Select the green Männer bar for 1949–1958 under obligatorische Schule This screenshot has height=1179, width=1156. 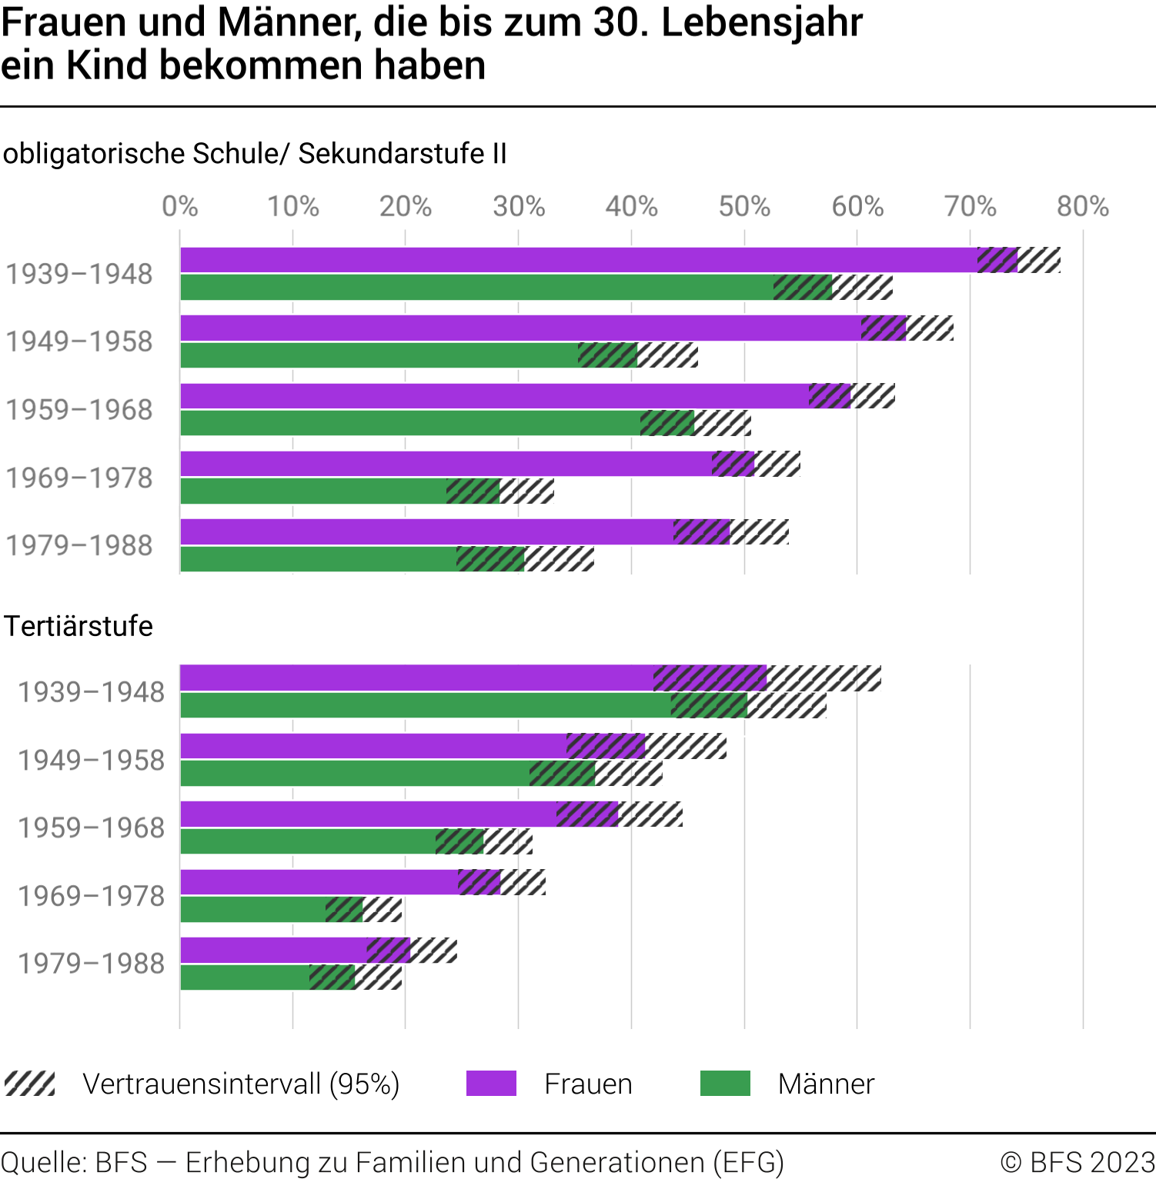coord(377,355)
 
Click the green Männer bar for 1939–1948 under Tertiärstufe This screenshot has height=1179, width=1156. coord(423,705)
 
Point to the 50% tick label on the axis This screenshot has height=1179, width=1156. coord(744,206)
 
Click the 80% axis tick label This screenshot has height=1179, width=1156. coord(1082,206)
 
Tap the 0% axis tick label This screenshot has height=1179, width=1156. coord(180,206)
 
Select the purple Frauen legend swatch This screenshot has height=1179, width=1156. coord(491,1084)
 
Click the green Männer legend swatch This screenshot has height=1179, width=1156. coord(725,1084)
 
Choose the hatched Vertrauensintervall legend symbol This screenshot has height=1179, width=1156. coord(30,1084)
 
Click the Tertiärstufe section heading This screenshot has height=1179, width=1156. coord(79,626)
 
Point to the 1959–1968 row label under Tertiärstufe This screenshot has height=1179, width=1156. coord(92,828)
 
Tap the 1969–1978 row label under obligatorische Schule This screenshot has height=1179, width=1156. coord(79,478)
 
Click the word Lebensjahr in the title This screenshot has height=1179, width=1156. coord(762,23)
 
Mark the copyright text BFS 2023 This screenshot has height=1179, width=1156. coord(1077,1161)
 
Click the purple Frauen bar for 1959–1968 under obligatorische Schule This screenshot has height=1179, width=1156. coord(493,396)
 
